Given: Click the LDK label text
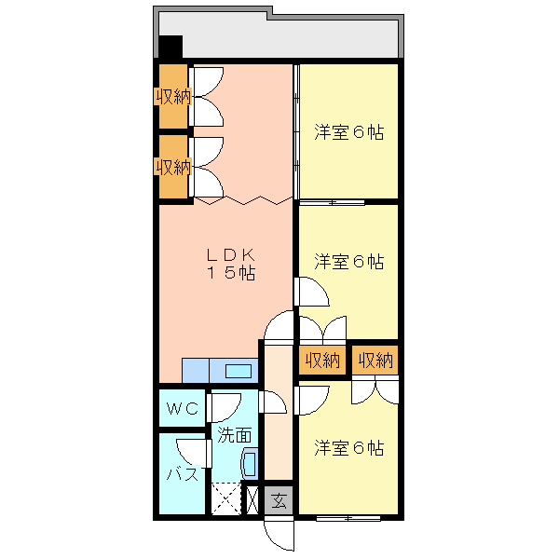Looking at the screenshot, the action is pos(231,255).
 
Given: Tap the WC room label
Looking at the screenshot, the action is pos(183,408).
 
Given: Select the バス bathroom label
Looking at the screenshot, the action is pos(183,474).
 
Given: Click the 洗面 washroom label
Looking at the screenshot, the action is pos(234,435).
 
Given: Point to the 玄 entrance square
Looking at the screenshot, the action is pos(279,500).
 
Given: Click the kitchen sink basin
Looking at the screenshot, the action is pos(239,371).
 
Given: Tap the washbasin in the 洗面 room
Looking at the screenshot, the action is pos(250,464).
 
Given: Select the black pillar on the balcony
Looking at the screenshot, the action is pos(170,47).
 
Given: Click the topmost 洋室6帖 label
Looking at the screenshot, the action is pos(349,132).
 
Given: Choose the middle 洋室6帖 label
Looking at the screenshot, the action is pos(349,261).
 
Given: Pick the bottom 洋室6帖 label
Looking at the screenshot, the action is pos(349,448).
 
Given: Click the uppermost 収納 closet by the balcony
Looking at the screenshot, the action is pos(173,96).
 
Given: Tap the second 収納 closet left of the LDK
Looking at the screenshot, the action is pos(173,167).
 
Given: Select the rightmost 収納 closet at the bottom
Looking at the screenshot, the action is pos(375,360).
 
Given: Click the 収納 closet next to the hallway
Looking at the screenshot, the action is pos(322,360).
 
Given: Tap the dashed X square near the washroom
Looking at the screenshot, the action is pos(226,498).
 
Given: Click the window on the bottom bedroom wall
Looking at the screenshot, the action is pos(348,518).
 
